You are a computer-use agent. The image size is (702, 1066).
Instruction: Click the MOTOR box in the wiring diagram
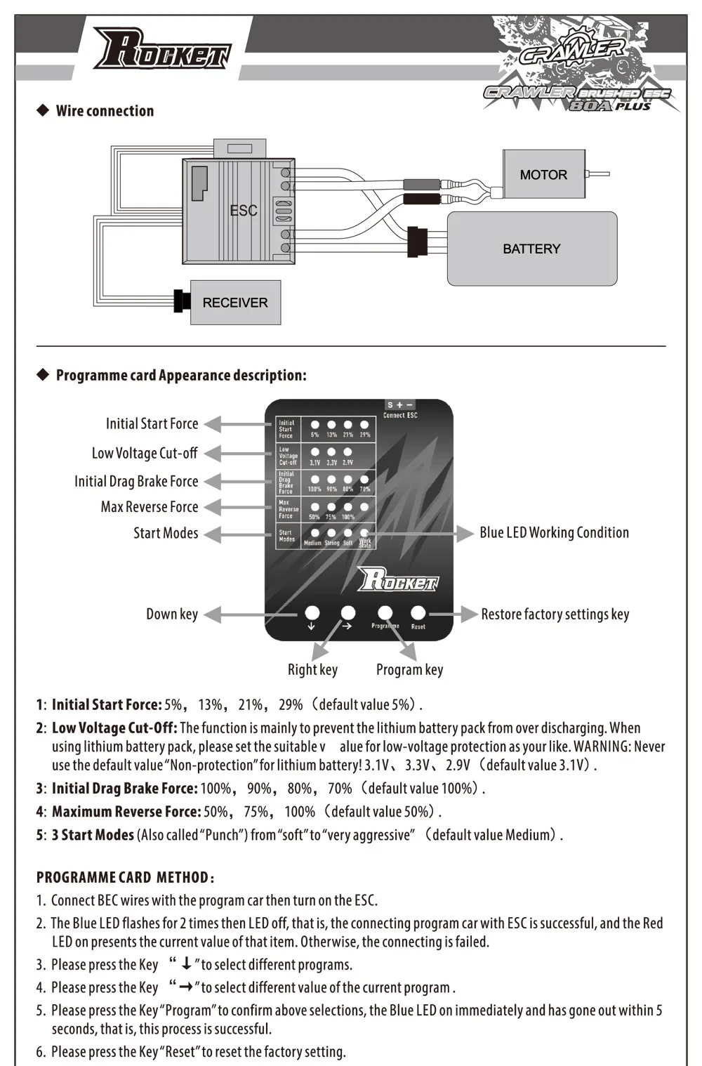point(543,175)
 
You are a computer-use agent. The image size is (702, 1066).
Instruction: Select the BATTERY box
point(531,249)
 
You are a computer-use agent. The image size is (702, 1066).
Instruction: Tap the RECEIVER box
point(235,303)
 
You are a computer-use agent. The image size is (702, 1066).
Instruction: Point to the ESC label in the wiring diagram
point(243,210)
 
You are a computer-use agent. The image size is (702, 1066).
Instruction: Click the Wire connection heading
point(105,111)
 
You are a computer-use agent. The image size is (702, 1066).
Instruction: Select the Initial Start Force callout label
point(152,423)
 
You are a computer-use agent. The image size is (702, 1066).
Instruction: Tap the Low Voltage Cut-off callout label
point(145,453)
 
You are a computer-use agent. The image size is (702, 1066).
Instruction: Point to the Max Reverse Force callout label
point(149,506)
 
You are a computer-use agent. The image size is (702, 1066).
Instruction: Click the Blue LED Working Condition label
point(554,532)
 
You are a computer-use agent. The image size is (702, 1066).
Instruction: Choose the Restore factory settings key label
point(555,614)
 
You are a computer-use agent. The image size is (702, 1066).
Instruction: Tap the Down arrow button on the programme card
point(312,613)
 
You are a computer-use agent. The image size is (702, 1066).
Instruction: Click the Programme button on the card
point(385,613)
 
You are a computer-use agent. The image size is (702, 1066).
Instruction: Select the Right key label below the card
point(312,669)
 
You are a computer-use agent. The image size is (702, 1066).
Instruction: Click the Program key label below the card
point(409,669)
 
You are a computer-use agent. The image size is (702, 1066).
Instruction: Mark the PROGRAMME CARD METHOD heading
point(125,877)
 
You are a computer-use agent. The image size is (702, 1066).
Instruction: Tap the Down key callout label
point(172,614)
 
